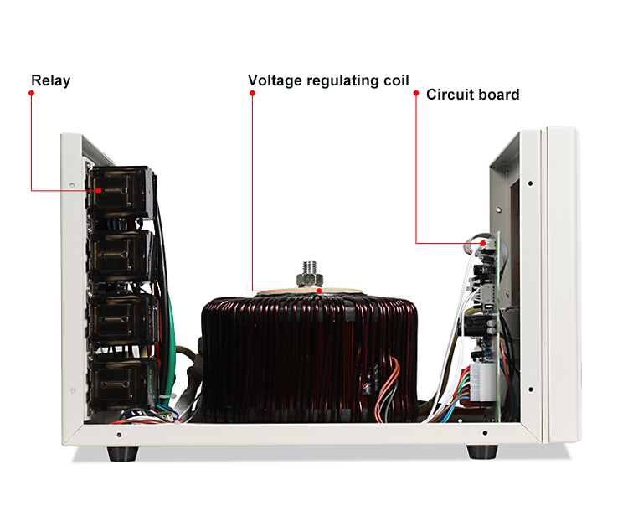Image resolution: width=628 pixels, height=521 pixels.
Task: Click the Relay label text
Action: coord(50,81)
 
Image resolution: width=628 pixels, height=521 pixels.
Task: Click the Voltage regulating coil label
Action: coord(328,81)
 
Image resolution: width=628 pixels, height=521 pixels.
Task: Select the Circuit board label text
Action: coord(472,95)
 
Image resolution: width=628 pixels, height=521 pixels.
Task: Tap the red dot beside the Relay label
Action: coord(31,93)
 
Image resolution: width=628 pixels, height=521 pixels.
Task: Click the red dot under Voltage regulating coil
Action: coord(252,93)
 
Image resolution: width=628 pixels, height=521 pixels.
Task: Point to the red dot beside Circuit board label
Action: coord(416,95)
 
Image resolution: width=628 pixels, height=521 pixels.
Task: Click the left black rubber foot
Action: coord(122,453)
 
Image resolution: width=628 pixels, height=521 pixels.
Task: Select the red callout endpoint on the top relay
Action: coord(100,191)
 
